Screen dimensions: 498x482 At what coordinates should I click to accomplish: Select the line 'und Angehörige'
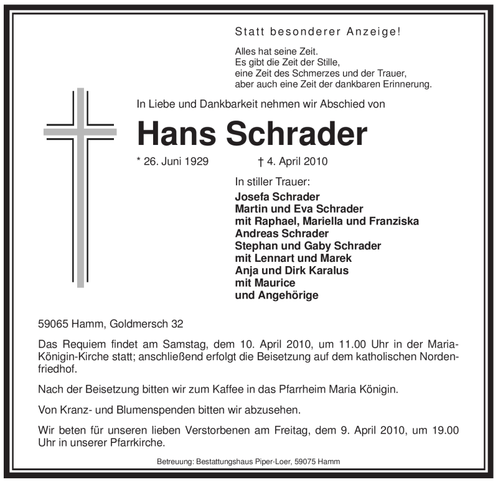coord(276,295)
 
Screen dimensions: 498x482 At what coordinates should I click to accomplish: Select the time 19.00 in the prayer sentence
coord(445,431)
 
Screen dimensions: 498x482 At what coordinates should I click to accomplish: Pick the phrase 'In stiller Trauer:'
coord(272,183)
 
